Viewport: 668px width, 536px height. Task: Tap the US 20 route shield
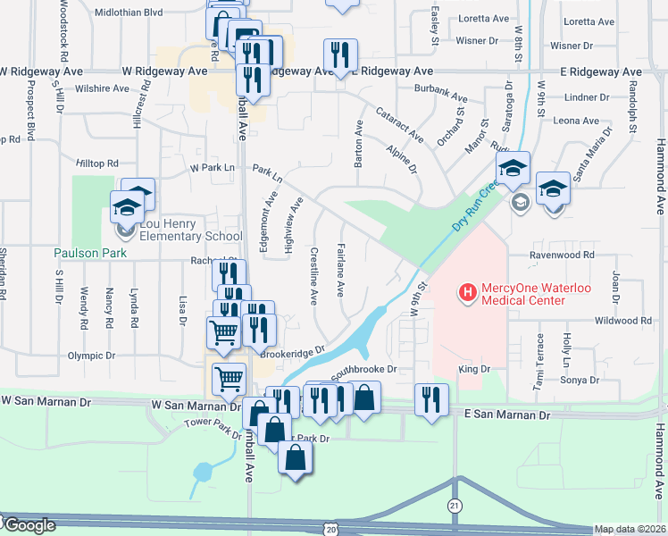[331, 529]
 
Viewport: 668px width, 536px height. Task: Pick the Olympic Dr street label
[94, 356]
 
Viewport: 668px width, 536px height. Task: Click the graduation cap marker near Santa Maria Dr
[553, 189]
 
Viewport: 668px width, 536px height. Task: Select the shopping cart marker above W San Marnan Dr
[229, 378]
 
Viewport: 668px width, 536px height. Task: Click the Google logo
[29, 526]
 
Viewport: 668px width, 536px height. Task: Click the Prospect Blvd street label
[31, 113]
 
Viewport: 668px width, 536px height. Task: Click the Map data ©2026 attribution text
[630, 529]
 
